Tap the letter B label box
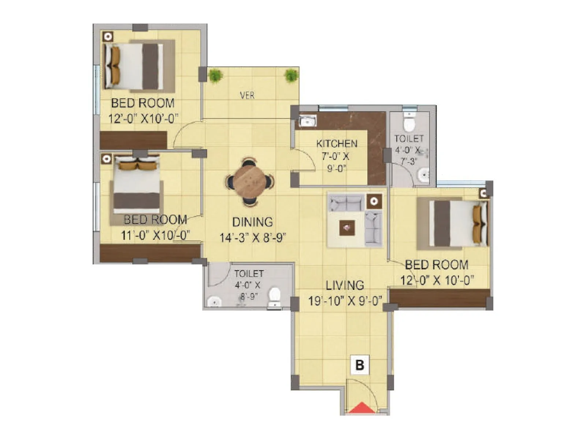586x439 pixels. point(360,365)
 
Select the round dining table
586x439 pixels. point(249,181)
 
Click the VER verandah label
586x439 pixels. point(247,95)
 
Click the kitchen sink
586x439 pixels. point(308,120)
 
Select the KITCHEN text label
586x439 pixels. point(337,143)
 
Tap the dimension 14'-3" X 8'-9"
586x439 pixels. point(252,238)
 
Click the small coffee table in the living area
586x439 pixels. point(346,228)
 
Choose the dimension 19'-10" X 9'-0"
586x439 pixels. point(345,301)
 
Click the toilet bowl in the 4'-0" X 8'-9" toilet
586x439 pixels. point(274,296)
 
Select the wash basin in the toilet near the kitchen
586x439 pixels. point(424,176)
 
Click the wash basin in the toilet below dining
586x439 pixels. point(214,302)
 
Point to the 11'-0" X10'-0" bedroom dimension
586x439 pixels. point(155,235)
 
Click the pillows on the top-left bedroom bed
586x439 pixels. point(115,66)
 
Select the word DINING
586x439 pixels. point(252,222)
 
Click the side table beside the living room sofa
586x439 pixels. point(374,201)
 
